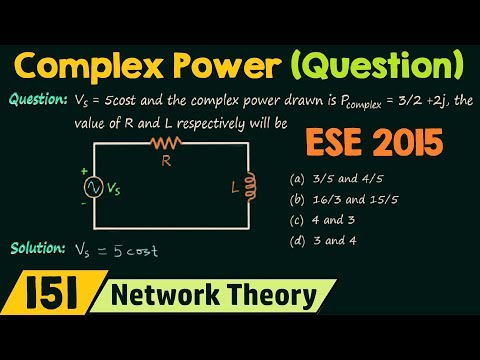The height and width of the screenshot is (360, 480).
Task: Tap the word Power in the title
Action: pyautogui.click(x=227, y=67)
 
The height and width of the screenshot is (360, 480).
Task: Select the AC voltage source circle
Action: pyautogui.click(x=96, y=188)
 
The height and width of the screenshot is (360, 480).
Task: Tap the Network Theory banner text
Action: pyautogui.click(x=212, y=297)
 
